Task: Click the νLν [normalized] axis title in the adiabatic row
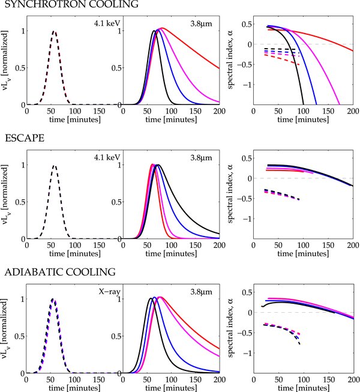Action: pyautogui.click(x=7, y=329)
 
